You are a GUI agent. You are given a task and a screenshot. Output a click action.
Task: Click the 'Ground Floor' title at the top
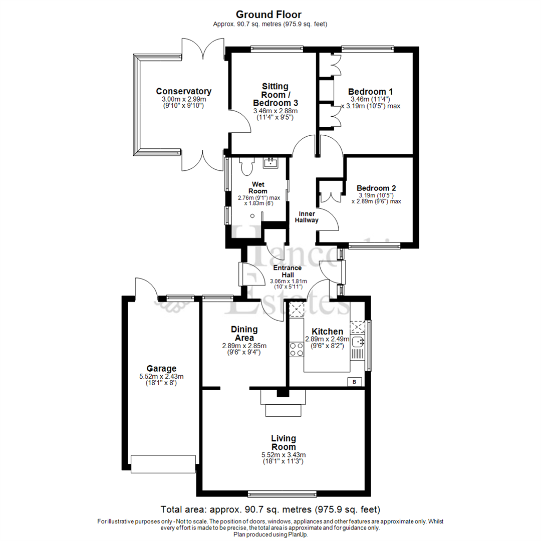tap(268, 14)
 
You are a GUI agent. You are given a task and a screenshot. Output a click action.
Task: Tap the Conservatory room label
tap(183, 91)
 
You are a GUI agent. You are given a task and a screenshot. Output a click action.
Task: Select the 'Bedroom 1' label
tap(370, 92)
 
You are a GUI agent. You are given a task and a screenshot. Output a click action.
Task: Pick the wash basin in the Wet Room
tap(270, 162)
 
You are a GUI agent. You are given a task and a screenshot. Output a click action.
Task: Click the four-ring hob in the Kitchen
tap(296, 349)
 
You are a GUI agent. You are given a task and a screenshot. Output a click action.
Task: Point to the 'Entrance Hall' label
tap(288, 271)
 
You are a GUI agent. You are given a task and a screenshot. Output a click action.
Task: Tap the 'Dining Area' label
tap(244, 333)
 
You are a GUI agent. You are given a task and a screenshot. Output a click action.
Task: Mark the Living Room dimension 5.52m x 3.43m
tap(283, 455)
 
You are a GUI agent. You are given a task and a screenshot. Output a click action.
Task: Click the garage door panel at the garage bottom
tap(163, 463)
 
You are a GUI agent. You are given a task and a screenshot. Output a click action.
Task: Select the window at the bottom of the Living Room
tap(283, 492)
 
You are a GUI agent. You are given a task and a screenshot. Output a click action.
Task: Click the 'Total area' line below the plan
tap(270, 509)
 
